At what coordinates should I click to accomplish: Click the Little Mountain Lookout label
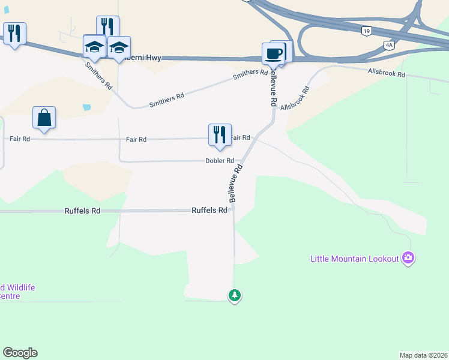pos(354,259)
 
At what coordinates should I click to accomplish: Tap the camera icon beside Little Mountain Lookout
pos(408,258)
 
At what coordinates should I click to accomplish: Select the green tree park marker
pos(235,295)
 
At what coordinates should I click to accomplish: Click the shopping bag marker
pos(44,118)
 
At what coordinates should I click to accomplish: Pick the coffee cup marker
pos(273,54)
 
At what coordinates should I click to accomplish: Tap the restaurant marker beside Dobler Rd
pos(220,135)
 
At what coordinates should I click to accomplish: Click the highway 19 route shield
pos(366,29)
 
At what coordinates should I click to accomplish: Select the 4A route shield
pos(389,44)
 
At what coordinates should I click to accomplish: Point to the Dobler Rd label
pos(219,161)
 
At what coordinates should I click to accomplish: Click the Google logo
pos(20,353)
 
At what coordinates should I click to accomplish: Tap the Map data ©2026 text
pos(423,355)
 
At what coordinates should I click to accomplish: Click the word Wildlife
pos(18,287)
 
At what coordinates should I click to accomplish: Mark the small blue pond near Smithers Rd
pos(87,107)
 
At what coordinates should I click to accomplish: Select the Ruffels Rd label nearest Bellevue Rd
pos(209,211)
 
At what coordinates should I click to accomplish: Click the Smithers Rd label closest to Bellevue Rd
pos(250,73)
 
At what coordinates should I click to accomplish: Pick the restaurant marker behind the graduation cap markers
pos(107,26)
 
